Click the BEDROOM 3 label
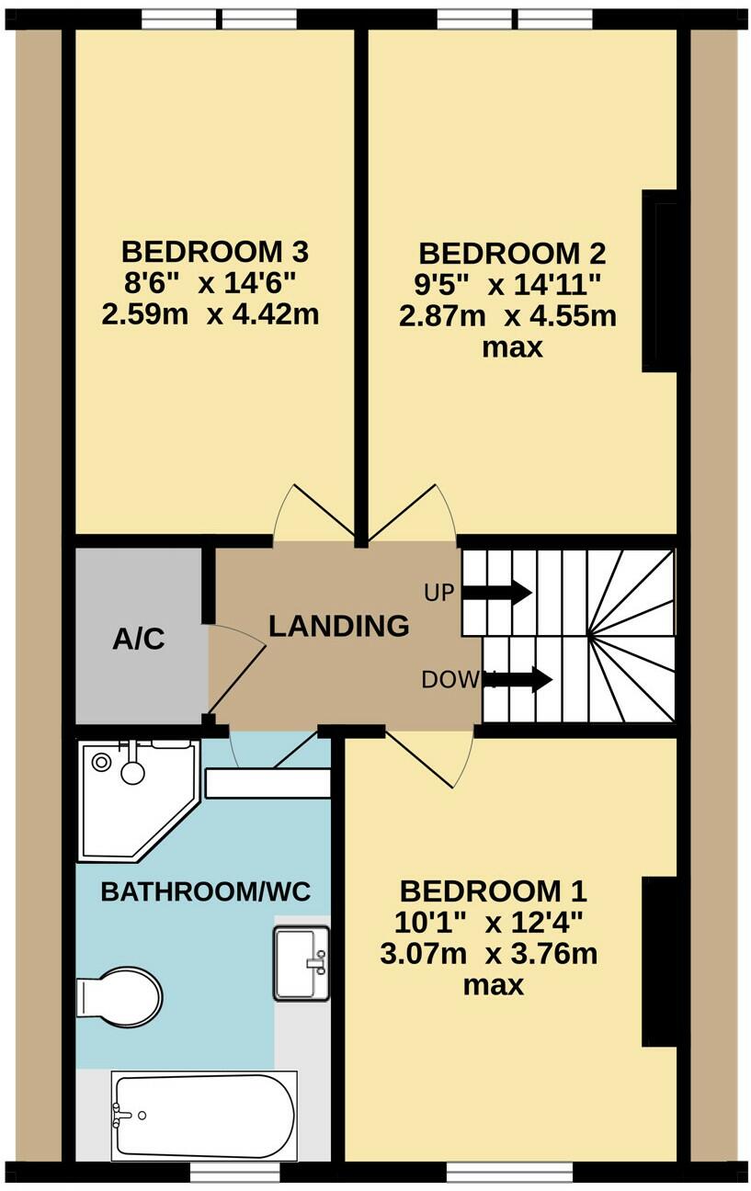click(x=215, y=251)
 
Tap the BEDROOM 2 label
click(x=512, y=254)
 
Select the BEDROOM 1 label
click(x=494, y=890)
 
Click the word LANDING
click(x=339, y=627)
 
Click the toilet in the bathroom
click(x=120, y=994)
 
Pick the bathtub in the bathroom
click(x=204, y=1116)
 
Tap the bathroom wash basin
click(x=301, y=962)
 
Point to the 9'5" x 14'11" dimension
click(x=507, y=285)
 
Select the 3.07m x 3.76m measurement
click(x=488, y=954)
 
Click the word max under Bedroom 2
click(x=513, y=348)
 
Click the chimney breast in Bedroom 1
click(x=662, y=961)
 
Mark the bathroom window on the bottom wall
click(x=234, y=1173)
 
